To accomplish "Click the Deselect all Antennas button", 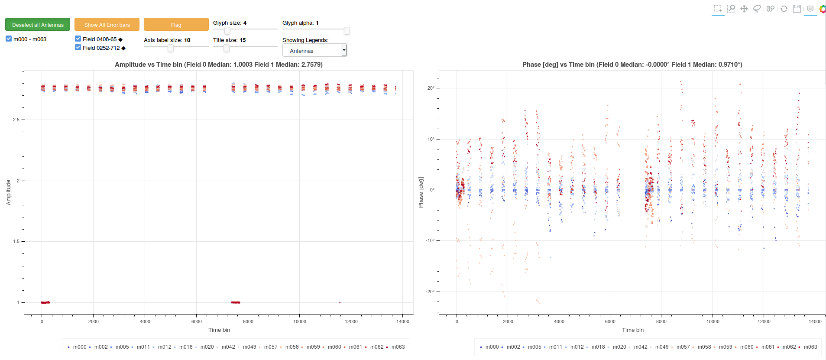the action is pos(38,25).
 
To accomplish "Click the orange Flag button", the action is pos(176,25).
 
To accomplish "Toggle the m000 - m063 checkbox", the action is pos(9,39).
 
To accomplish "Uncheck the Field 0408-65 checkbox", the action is pos(78,39).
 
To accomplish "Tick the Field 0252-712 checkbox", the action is pos(78,47).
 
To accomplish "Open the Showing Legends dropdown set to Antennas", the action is pos(314,51).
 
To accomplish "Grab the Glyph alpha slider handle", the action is pos(347,31).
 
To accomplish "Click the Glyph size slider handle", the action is pos(227,31).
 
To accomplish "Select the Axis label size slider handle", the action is pos(171,48).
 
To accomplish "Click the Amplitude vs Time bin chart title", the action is pos(219,65).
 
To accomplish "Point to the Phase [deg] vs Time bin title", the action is pos(632,65).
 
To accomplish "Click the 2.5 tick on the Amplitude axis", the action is pos(16,120).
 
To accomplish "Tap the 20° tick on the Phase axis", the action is pos(431,88).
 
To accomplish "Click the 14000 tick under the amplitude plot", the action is pos(403,321).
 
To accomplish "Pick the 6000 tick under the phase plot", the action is pos(610,321).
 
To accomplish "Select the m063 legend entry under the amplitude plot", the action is pos(395,347).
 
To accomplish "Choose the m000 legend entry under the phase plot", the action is pos(489,347).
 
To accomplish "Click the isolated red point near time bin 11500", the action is pos(340,302).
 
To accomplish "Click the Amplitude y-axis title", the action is pos(8,192).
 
